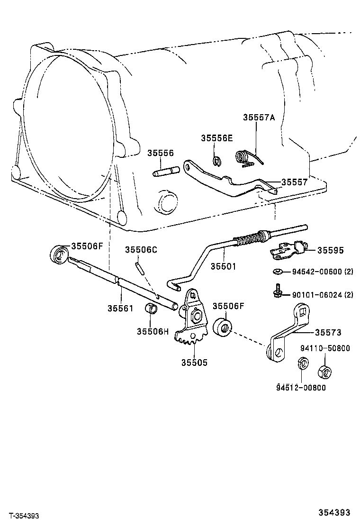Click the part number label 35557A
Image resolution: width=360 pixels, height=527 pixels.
click(259, 117)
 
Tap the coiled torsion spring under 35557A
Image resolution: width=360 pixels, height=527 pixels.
click(245, 157)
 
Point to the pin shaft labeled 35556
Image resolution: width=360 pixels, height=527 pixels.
click(165, 171)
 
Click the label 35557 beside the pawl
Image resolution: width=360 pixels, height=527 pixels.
click(294, 182)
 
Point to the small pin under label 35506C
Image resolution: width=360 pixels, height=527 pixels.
click(139, 268)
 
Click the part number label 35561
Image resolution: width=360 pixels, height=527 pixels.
click(120, 308)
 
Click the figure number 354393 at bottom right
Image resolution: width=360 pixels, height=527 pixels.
click(334, 512)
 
